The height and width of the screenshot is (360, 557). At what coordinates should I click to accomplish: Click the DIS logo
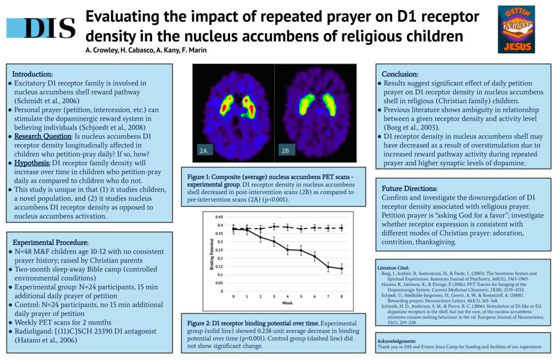click(x=41, y=28)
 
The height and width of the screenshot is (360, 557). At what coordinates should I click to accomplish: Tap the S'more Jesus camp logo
click(x=516, y=29)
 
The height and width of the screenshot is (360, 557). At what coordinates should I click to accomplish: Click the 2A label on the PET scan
click(x=203, y=151)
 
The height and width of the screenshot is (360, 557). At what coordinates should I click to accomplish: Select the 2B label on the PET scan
click(x=285, y=151)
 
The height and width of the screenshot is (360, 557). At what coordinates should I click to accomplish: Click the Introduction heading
click(x=32, y=74)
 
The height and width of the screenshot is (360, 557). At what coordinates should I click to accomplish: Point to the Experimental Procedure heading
click(x=51, y=243)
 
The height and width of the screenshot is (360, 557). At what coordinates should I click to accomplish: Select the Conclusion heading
click(x=400, y=74)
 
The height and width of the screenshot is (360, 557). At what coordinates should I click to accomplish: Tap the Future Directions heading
click(x=410, y=189)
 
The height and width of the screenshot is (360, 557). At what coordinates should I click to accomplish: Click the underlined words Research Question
click(x=42, y=136)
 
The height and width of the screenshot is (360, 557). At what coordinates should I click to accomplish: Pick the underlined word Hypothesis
click(x=32, y=163)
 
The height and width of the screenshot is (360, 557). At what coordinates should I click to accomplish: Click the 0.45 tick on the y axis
click(x=219, y=217)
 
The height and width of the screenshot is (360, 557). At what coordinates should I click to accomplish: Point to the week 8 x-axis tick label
click(x=342, y=296)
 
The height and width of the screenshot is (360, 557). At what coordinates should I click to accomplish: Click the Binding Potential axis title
click(x=212, y=254)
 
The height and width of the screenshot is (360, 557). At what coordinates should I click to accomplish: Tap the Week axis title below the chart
click(x=287, y=303)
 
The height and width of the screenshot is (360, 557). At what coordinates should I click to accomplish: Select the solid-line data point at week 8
click(x=342, y=269)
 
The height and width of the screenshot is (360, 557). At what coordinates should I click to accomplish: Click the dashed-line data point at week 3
click(x=274, y=227)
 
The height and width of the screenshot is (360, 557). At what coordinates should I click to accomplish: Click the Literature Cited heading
click(x=393, y=268)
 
